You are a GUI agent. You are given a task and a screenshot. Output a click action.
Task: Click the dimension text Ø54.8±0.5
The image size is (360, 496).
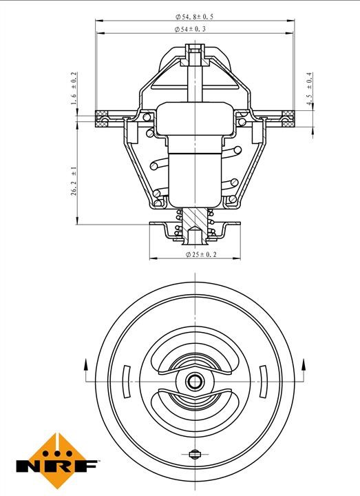pyautogui.click(x=194, y=17)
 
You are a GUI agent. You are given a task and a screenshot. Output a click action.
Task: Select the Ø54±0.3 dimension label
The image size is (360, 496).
pyautogui.click(x=190, y=29)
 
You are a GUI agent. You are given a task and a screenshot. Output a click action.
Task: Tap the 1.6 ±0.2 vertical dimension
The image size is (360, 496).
pyautogui.click(x=74, y=89)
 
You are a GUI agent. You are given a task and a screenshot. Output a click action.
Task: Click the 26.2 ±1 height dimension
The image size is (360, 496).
pyautogui.click(x=74, y=181)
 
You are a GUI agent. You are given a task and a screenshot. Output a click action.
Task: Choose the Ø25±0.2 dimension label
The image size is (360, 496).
pyautogui.click(x=201, y=254)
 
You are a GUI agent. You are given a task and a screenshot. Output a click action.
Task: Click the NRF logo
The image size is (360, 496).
pyautogui.click(x=57, y=461)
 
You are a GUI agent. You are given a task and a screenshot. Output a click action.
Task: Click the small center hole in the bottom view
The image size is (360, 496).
pyautogui.click(x=195, y=382)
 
